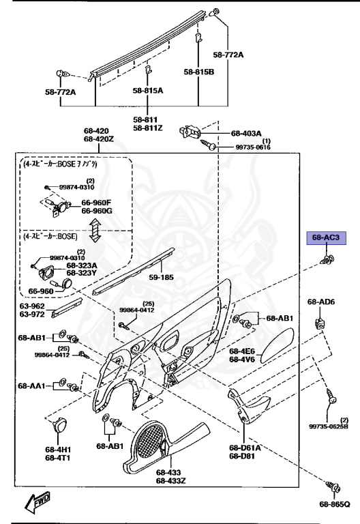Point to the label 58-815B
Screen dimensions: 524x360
pos(198,71)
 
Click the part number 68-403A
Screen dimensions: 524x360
pos(246,134)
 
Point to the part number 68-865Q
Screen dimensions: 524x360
pos(334,504)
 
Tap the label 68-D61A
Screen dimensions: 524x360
pos(245,448)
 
